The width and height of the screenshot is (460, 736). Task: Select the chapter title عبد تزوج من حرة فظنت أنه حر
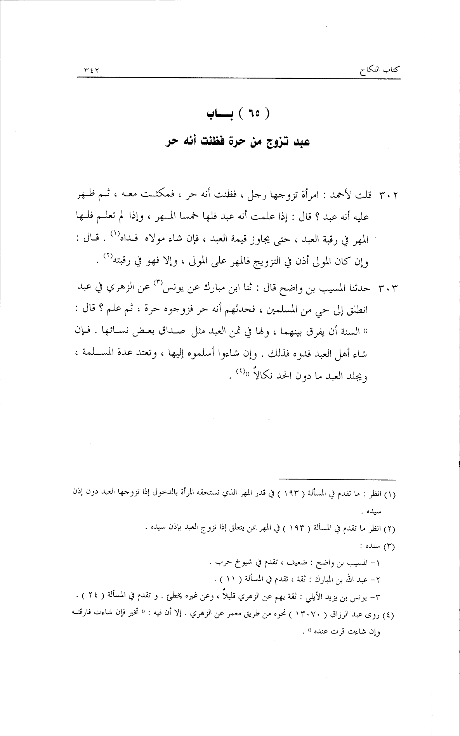236,142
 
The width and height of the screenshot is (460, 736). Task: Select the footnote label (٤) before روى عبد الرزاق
389,615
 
